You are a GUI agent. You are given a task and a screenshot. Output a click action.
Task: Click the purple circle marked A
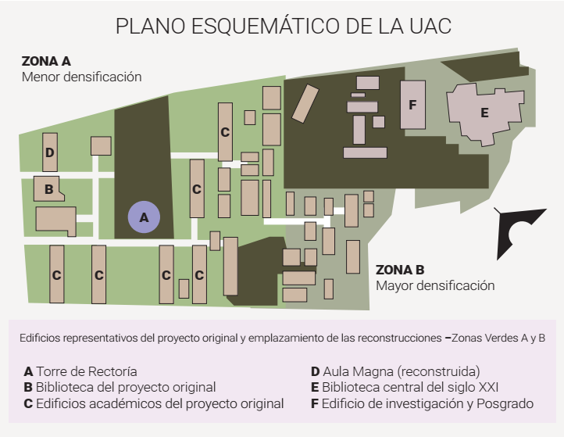[144, 218]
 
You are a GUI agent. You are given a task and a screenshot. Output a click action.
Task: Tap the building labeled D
[50, 152]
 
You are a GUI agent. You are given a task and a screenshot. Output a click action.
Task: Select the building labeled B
[48, 188]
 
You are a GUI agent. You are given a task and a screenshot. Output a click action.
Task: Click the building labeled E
[484, 113]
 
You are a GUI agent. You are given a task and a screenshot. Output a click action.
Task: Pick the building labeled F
[412, 104]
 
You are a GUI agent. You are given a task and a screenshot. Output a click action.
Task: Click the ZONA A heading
[46, 62]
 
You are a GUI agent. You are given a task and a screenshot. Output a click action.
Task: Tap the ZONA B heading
[400, 270]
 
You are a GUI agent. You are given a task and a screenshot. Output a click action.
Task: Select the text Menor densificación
[81, 77]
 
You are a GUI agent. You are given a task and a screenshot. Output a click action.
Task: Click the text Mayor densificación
[435, 285]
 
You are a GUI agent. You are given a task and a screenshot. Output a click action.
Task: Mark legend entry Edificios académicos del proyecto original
[153, 403]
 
